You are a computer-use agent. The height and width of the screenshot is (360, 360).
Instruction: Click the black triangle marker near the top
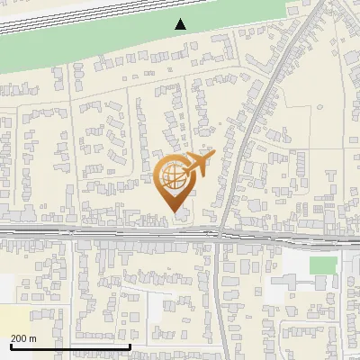[x=182, y=24]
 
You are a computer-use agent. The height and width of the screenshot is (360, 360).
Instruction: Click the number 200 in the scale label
[x=19, y=338]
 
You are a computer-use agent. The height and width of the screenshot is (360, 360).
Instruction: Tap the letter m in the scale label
[x=33, y=338]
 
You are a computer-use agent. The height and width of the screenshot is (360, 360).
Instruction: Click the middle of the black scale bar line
[x=70, y=346]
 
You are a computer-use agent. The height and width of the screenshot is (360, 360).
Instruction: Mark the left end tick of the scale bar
[x=10, y=345]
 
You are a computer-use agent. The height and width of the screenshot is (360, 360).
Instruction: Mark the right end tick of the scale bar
[x=130, y=345]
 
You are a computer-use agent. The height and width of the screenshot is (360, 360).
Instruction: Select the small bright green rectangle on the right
[x=323, y=265]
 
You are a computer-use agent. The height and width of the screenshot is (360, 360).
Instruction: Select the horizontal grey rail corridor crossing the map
[x=108, y=235]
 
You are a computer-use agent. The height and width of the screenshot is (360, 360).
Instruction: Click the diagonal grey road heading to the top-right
[x=261, y=99]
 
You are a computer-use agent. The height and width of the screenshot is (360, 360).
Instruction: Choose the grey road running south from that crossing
[x=220, y=297]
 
